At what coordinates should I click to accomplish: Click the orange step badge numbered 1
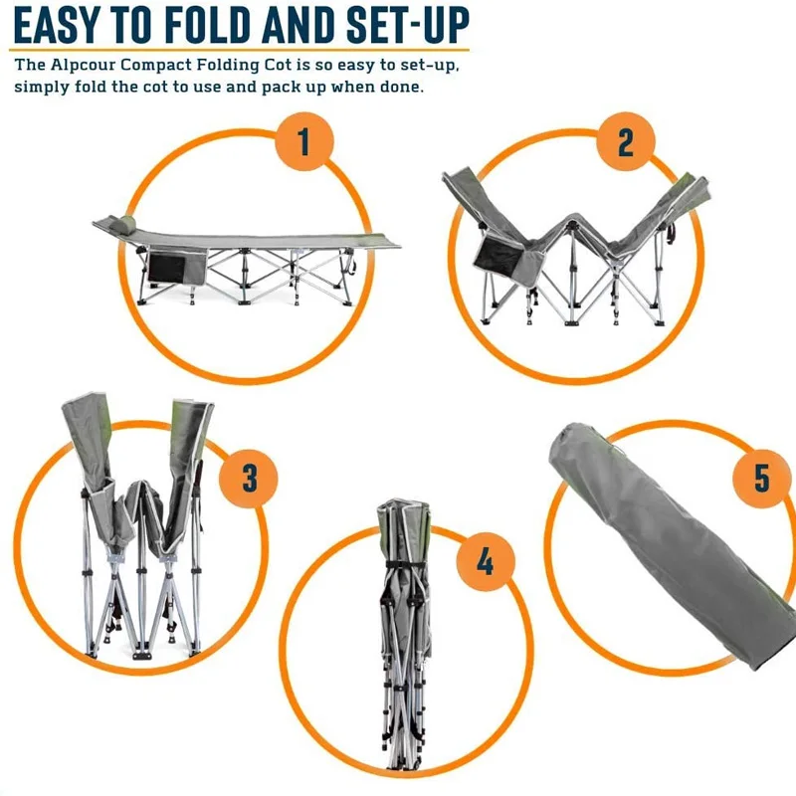click(303, 143)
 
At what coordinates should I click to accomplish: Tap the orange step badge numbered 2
click(625, 143)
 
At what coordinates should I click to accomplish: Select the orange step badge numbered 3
click(250, 478)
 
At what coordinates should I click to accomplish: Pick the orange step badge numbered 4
click(485, 562)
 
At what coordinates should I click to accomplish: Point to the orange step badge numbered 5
click(761, 478)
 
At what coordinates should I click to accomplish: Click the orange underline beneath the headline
click(239, 49)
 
